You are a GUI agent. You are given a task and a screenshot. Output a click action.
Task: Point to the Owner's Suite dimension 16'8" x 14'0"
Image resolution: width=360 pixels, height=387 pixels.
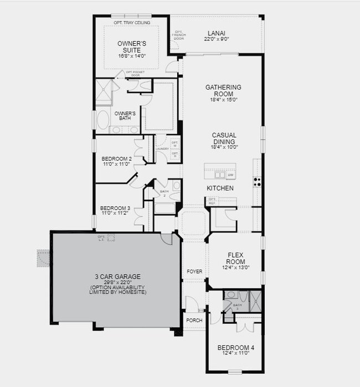point(131,56)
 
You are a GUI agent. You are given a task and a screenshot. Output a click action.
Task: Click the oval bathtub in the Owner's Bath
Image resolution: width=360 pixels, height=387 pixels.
point(104,120)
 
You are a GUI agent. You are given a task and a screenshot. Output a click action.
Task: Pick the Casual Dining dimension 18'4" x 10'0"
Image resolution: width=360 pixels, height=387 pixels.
point(224,147)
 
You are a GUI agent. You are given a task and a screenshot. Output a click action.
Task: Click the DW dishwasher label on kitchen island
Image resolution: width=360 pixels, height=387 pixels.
point(230,175)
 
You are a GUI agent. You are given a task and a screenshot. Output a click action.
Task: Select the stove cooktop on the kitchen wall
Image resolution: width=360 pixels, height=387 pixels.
point(258,180)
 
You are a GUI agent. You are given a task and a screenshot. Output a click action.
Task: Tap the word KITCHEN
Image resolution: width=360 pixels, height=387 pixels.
point(220,188)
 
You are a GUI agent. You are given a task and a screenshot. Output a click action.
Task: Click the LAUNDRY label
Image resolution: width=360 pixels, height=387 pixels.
point(162,148)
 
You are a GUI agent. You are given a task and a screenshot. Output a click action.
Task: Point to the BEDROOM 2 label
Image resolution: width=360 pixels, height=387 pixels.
point(116,159)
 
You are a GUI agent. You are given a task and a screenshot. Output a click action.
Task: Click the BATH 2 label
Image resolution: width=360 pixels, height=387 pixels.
point(164,194)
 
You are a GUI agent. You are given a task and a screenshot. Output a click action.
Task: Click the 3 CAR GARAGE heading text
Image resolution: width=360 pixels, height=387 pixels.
point(117,276)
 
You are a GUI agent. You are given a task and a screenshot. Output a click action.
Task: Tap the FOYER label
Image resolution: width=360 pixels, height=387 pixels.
point(194,271)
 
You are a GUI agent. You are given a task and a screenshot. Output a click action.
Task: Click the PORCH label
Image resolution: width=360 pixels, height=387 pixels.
point(194,320)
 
